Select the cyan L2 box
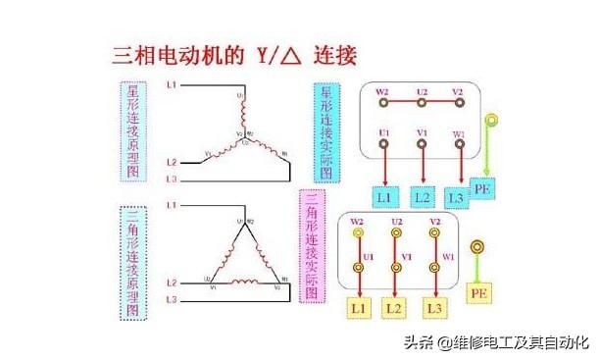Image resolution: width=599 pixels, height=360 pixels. (x=422, y=196)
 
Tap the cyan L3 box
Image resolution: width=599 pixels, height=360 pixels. (x=457, y=197)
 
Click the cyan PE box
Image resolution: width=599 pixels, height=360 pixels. (x=484, y=187)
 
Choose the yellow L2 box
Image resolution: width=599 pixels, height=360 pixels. (x=396, y=308)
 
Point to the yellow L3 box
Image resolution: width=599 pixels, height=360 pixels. (x=433, y=308)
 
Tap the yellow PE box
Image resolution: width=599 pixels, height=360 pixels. (x=479, y=293)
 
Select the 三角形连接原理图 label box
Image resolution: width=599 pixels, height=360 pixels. (x=133, y=262)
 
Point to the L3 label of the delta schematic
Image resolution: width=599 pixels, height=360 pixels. (x=171, y=299)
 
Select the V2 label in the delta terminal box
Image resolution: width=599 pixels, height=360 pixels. (x=432, y=223)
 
